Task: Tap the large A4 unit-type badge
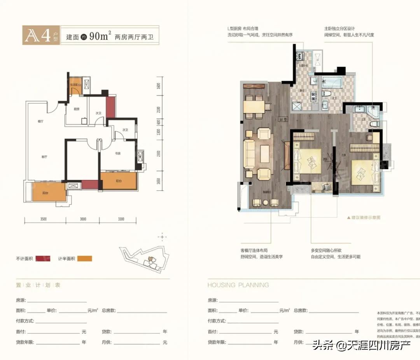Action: (41, 36)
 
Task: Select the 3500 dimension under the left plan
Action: (43, 219)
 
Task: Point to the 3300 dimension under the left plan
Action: (121, 219)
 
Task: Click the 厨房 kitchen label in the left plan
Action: (77, 109)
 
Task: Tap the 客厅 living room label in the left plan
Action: (44, 157)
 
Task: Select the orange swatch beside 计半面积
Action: (84, 259)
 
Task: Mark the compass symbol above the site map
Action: (163, 237)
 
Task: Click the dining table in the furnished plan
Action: (254, 107)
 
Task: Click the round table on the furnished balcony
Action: (266, 202)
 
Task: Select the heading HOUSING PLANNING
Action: (238, 285)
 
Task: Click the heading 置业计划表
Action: (38, 285)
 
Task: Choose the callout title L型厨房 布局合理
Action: (243, 29)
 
